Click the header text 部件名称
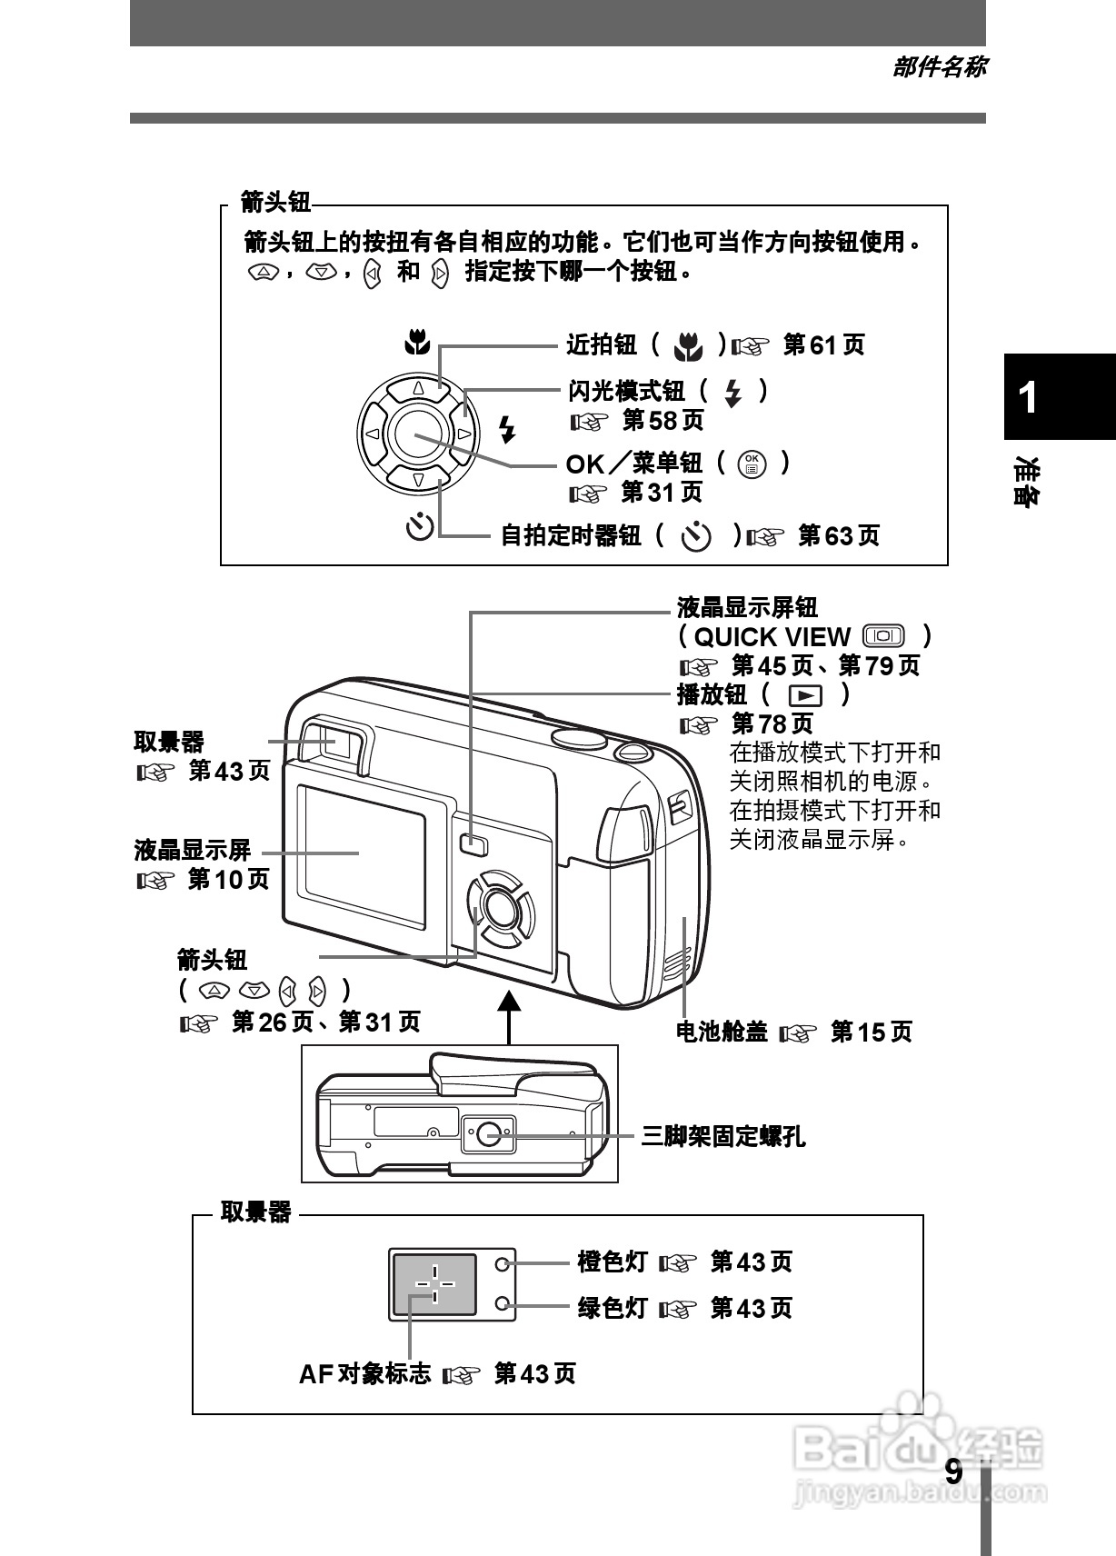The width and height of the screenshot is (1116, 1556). (x=939, y=66)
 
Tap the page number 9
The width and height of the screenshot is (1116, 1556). (x=952, y=1471)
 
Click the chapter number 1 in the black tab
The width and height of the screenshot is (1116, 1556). (x=1028, y=397)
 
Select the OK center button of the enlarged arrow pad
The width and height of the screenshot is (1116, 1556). (x=417, y=435)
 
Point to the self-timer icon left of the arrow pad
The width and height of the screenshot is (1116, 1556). (x=419, y=526)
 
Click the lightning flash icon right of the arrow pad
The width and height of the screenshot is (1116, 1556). (x=507, y=429)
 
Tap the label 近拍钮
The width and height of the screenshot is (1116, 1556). (x=601, y=344)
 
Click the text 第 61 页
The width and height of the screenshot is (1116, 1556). (x=823, y=344)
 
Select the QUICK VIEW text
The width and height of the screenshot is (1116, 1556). (x=772, y=636)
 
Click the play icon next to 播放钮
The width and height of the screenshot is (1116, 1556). (x=805, y=696)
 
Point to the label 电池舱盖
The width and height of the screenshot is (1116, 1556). (x=722, y=1032)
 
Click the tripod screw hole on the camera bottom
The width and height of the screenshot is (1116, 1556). (x=489, y=1133)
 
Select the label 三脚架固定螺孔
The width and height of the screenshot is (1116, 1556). (x=723, y=1136)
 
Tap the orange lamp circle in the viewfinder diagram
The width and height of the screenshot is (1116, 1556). (x=503, y=1263)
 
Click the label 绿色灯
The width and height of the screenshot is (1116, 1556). (x=613, y=1308)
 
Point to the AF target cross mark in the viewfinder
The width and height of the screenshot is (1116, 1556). (x=434, y=1283)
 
